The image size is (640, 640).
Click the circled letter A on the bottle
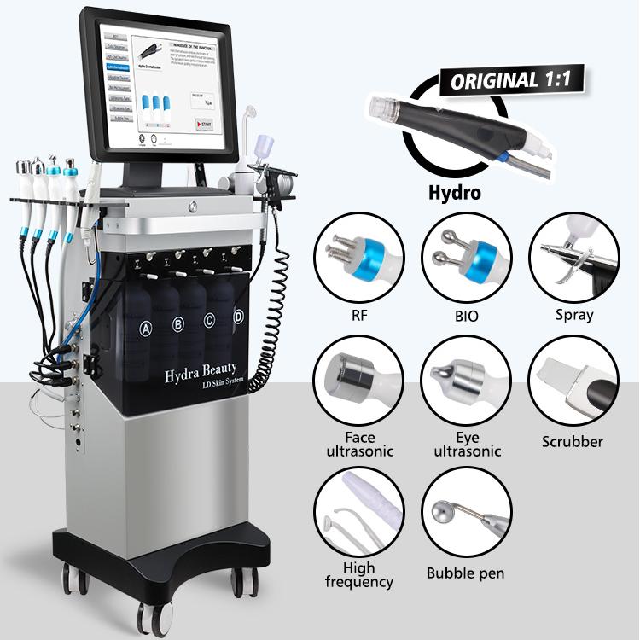point(146,327)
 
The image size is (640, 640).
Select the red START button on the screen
point(205,125)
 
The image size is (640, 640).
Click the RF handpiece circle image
point(358,257)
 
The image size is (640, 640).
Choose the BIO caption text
point(466,316)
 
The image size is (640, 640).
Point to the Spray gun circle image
point(573,257)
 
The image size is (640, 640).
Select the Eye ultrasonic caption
point(466,445)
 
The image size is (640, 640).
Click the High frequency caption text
point(358,575)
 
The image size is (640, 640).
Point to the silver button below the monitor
point(193,207)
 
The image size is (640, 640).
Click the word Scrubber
point(573,442)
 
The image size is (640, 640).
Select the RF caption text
point(358,316)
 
